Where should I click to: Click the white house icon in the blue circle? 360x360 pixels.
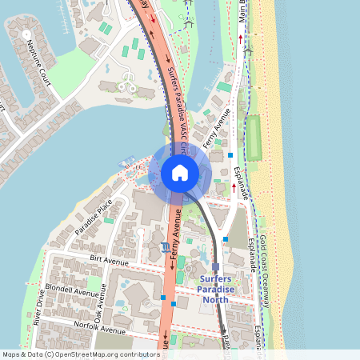(x=180, y=172)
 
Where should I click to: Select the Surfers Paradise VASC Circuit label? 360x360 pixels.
(x=181, y=107)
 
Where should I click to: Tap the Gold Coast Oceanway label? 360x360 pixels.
(x=269, y=272)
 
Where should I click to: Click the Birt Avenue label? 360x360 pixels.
(x=109, y=261)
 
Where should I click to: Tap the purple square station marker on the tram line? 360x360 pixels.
(x=216, y=266)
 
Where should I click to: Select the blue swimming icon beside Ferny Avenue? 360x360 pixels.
(x=164, y=246)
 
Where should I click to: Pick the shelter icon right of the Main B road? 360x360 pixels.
(x=248, y=50)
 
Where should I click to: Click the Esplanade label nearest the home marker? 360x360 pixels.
(x=242, y=183)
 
